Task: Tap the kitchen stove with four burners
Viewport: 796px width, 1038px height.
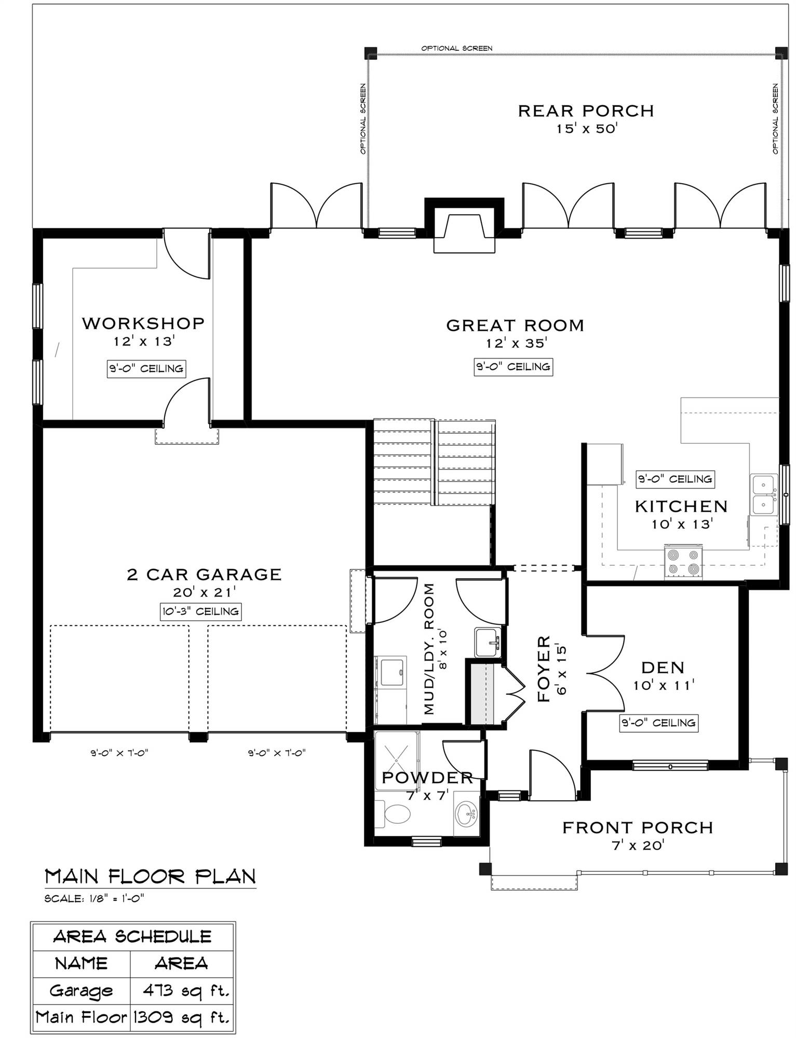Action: [x=683, y=562]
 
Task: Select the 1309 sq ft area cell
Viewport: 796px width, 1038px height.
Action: [x=182, y=1018]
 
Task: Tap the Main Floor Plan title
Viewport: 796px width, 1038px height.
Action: [x=150, y=877]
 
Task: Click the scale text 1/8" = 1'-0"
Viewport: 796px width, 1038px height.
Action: [x=94, y=899]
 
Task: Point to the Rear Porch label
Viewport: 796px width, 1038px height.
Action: [x=586, y=111]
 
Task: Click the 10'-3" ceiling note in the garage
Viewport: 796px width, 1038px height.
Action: [x=200, y=611]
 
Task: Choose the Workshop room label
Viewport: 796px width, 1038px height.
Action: [x=143, y=323]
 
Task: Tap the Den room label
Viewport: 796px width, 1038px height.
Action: [x=663, y=667]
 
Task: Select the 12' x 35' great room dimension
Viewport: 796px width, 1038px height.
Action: [x=517, y=344]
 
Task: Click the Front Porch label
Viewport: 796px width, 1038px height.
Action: [x=638, y=827]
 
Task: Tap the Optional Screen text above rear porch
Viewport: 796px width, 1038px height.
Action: [x=456, y=48]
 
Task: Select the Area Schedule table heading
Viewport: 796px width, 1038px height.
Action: [x=132, y=937]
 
